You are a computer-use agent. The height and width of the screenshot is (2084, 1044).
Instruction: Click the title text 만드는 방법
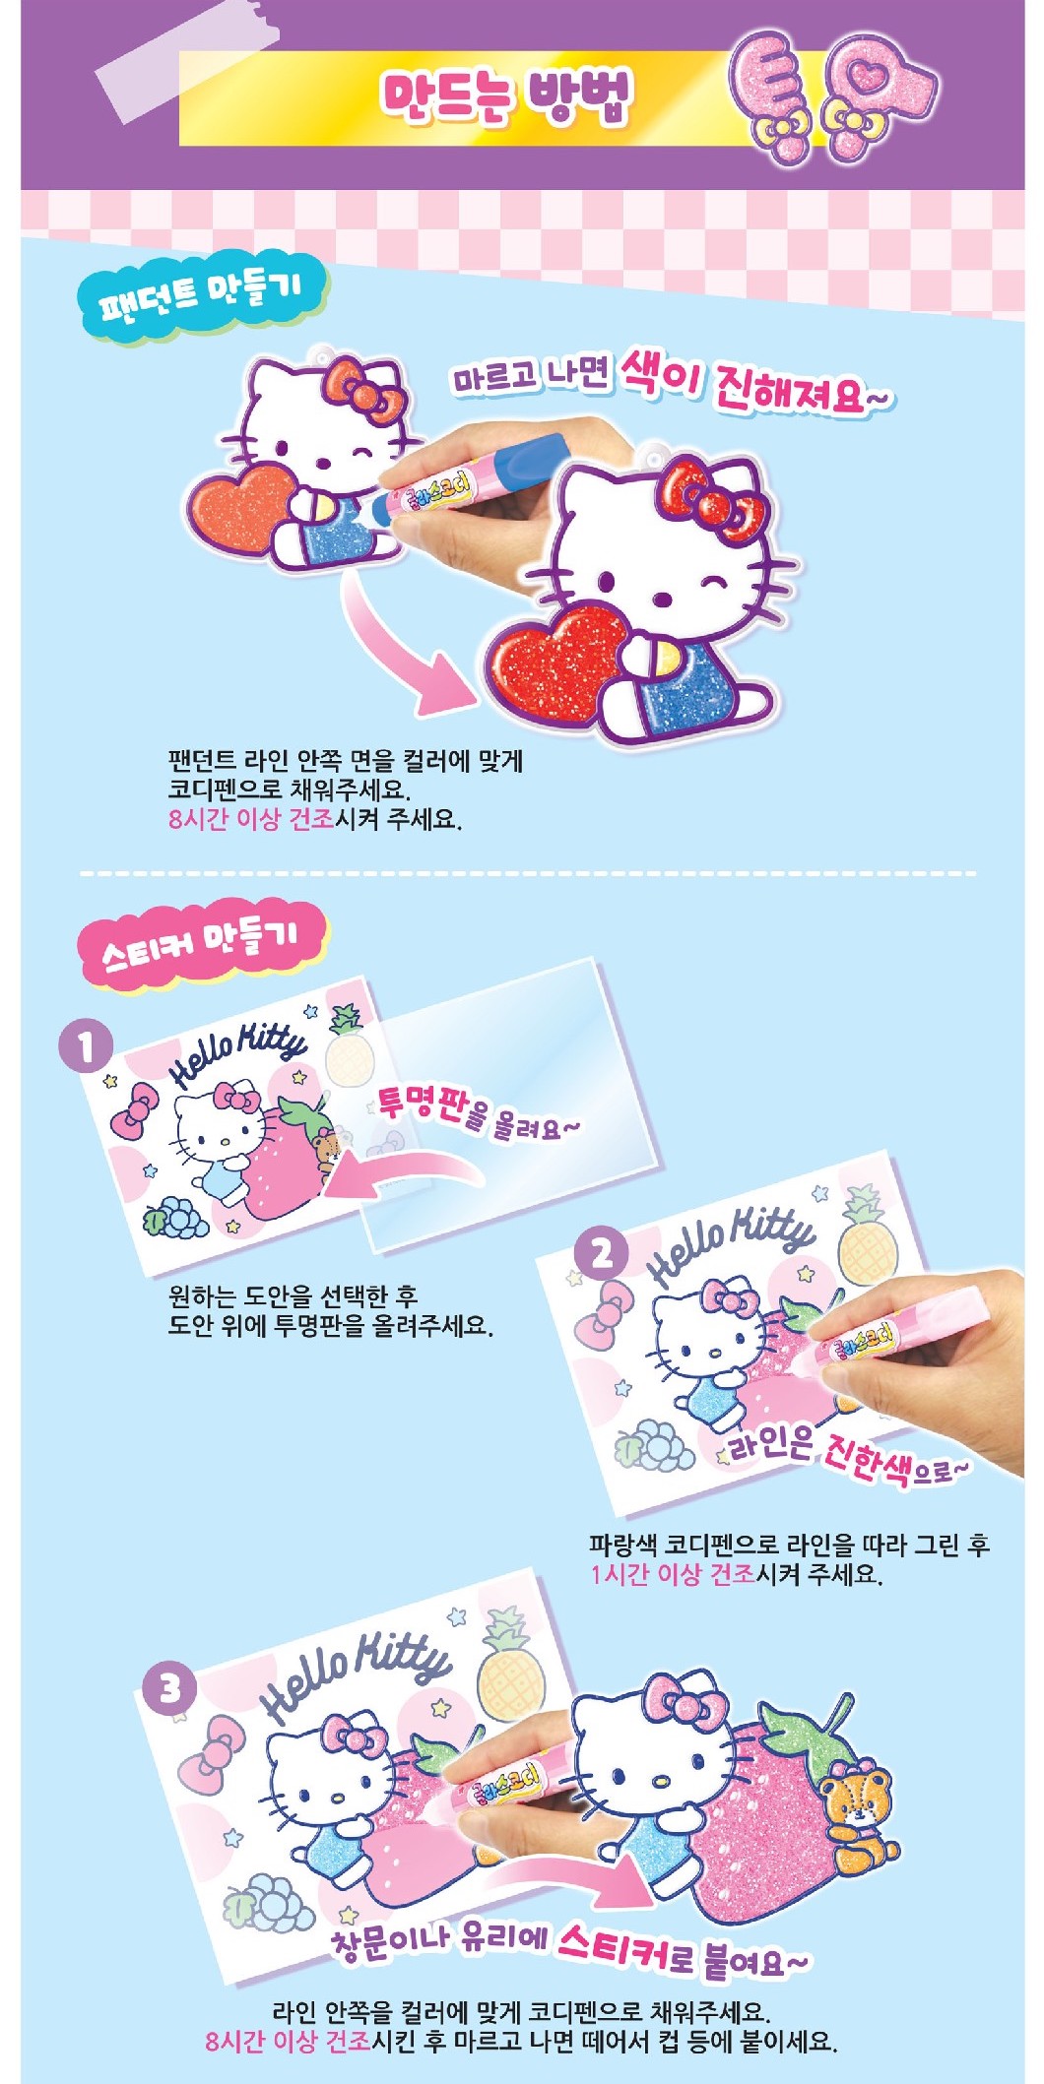[x=506, y=98]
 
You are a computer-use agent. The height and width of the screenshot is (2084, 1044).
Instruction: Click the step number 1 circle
[x=86, y=1046]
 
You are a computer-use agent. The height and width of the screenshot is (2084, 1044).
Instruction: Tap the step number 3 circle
[x=170, y=1689]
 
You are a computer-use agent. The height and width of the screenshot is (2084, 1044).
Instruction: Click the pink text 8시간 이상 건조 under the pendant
[x=251, y=819]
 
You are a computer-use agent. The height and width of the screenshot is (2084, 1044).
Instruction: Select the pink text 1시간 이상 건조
[x=673, y=1574]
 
